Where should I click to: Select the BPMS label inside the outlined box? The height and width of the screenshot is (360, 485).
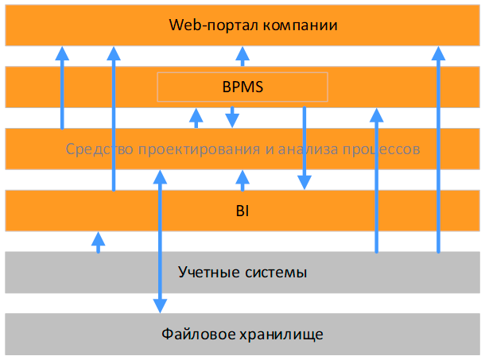pyautogui.click(x=242, y=87)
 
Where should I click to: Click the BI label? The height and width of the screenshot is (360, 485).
pyautogui.click(x=242, y=212)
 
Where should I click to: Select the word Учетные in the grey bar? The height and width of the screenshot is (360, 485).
pyautogui.click(x=208, y=273)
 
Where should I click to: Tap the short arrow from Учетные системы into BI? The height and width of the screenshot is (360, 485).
pyautogui.click(x=99, y=242)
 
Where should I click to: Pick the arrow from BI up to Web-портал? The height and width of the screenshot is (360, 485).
pyautogui.click(x=114, y=119)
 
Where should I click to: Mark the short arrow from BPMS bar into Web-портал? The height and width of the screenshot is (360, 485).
pyautogui.click(x=242, y=56)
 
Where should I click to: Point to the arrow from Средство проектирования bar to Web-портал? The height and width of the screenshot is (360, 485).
pyautogui.click(x=62, y=87)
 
